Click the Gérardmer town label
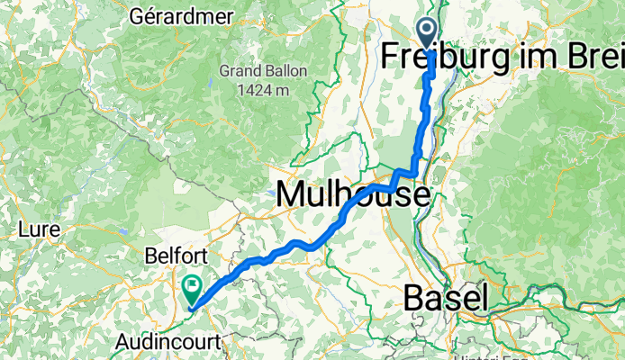pos(182,16)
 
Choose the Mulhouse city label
pos(353,193)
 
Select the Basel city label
pos(446,297)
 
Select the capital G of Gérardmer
pos(138,16)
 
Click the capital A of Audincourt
pos(124,341)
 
